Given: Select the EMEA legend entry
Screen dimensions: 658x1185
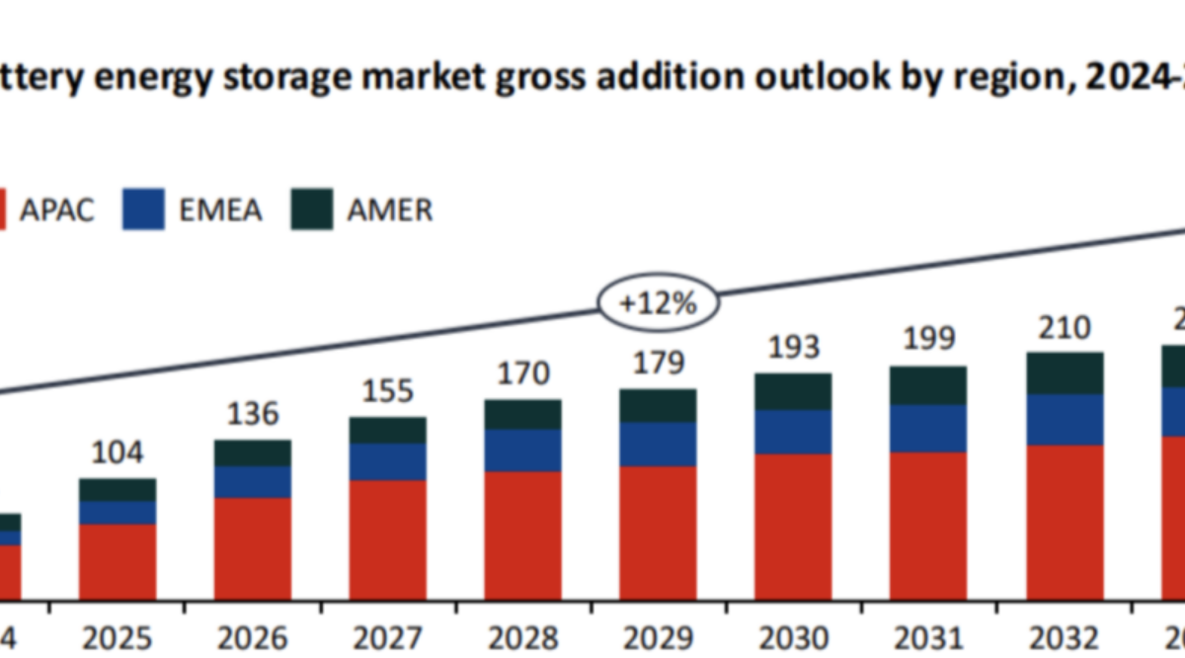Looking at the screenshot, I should (193, 209).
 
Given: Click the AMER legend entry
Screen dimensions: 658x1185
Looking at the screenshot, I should (362, 209).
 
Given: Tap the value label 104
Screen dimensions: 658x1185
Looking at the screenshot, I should (118, 453).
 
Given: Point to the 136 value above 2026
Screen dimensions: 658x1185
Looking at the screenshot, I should (253, 414).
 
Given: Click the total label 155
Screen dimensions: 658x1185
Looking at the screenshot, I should (388, 391).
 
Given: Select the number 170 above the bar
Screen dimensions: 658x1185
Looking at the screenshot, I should (522, 374).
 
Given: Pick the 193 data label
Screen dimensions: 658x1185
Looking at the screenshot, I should (793, 347).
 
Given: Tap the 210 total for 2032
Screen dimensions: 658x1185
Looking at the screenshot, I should (1064, 327).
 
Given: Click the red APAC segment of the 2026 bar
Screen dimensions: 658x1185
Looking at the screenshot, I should (253, 548).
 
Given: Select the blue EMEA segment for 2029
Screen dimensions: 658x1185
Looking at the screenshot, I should (658, 445).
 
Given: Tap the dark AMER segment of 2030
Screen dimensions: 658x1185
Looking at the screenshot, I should (793, 391).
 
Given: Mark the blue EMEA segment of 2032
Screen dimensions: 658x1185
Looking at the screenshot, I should (1064, 420).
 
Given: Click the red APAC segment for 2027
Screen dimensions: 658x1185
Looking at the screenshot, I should (388, 539).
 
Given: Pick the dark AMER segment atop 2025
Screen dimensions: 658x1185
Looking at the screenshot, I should (118, 490).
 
